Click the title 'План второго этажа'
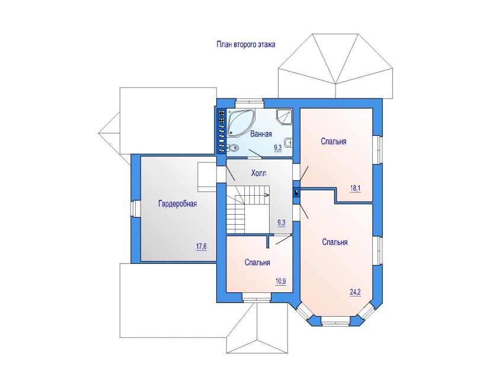[x=246, y=44]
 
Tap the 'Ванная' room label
[x=261, y=134]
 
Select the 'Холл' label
[x=258, y=173]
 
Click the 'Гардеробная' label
[x=178, y=204]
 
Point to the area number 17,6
[x=201, y=247]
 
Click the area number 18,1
[x=356, y=189]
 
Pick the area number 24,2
[x=356, y=292]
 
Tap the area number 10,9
[x=280, y=281]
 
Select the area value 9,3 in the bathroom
[x=278, y=148]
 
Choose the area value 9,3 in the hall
[x=282, y=223]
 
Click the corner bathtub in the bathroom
[x=241, y=123]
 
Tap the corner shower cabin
[x=284, y=117]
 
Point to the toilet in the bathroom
[x=233, y=149]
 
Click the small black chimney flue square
[x=296, y=193]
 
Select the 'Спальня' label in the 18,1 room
[x=334, y=142]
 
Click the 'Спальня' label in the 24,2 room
[x=335, y=242]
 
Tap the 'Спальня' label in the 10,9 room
[x=257, y=263]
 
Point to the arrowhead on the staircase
[x=267, y=194]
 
